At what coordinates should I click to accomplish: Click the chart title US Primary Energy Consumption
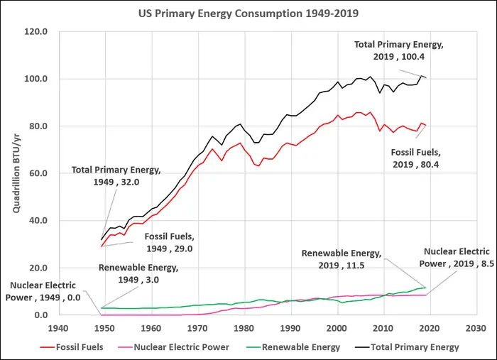[x=248, y=13]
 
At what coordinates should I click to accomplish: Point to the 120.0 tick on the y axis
[x=36, y=32]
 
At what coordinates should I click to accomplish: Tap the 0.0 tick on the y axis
[x=40, y=315]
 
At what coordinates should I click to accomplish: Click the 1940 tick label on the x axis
[x=58, y=328]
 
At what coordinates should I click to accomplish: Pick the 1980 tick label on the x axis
[x=244, y=328]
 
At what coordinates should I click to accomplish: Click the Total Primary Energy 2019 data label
[x=399, y=50]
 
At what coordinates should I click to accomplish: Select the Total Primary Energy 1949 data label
[x=116, y=175]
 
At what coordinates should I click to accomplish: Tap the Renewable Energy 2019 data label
[x=342, y=259]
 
